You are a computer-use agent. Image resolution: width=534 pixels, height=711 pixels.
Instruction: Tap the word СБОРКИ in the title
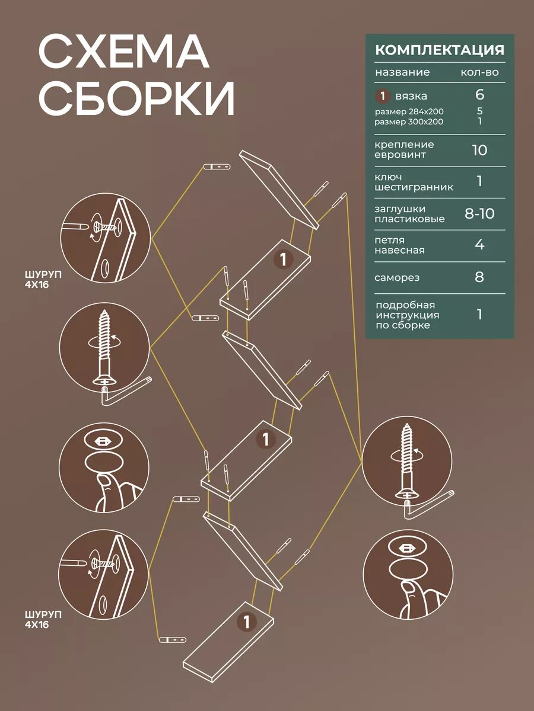(x=136, y=98)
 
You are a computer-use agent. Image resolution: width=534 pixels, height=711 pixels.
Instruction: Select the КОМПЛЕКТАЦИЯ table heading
(x=440, y=50)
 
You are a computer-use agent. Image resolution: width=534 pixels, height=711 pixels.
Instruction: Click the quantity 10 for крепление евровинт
(x=479, y=150)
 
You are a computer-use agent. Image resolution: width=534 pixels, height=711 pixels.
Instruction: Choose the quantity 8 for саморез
(x=479, y=277)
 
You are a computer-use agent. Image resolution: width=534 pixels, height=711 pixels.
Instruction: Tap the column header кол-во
(x=479, y=73)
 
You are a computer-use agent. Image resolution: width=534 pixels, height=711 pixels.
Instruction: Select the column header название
(x=402, y=73)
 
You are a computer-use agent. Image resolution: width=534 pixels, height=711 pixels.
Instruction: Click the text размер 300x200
(x=409, y=121)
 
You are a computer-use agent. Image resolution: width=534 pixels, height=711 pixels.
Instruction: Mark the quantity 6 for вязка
(x=479, y=95)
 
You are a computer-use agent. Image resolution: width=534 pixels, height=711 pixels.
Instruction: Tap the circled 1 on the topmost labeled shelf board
(x=284, y=259)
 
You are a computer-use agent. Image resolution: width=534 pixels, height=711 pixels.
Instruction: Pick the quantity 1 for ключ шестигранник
(x=479, y=182)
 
